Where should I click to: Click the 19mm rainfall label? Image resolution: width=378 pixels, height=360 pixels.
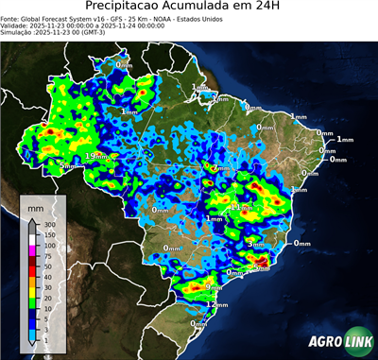point(96,156)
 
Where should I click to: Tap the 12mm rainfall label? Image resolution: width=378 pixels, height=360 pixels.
point(217,306)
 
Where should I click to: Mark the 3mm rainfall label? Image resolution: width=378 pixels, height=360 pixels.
point(254,244)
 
